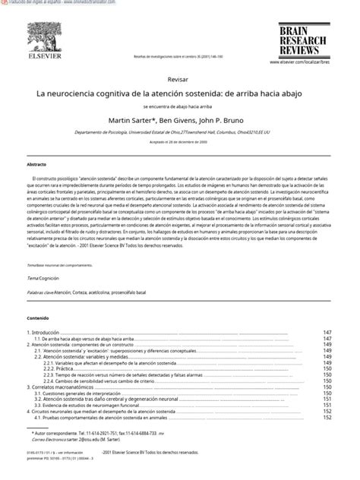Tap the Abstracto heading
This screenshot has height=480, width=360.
click(37, 164)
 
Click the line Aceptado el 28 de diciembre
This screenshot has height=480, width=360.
click(180, 141)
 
